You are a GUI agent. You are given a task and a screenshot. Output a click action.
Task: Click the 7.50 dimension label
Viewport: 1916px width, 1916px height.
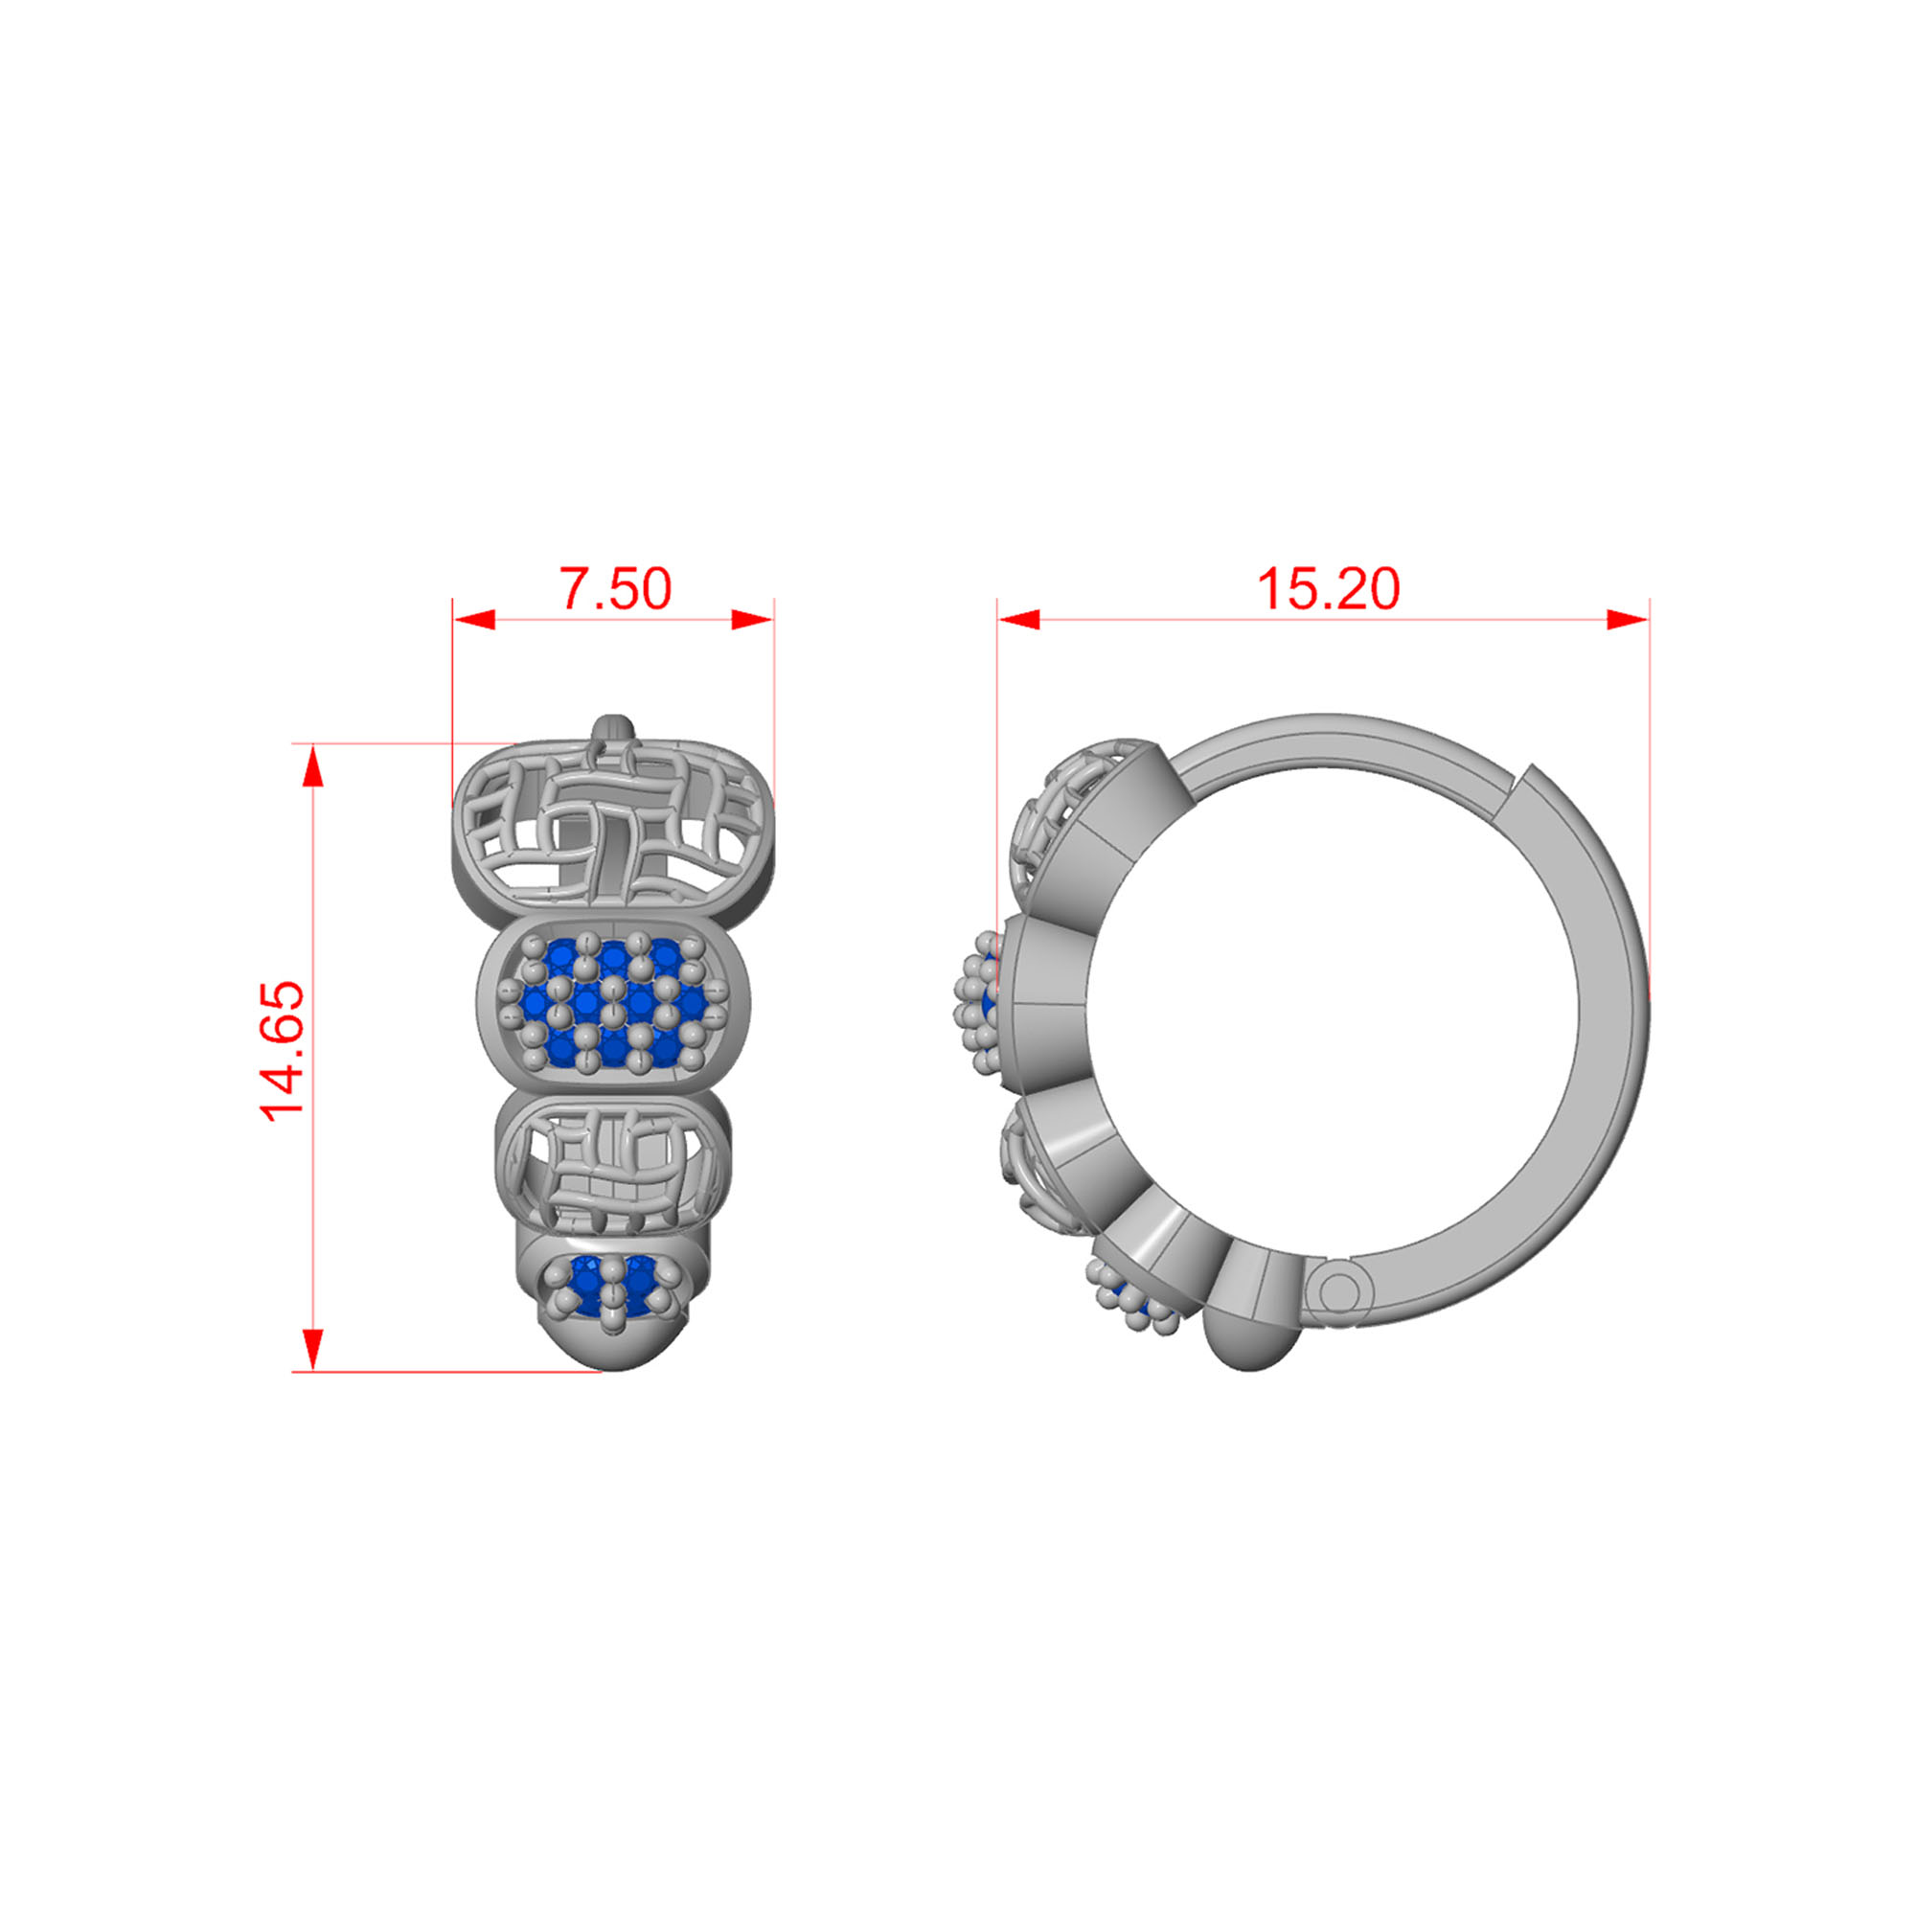616,589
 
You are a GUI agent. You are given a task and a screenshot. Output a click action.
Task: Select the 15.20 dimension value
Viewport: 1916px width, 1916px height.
1328,589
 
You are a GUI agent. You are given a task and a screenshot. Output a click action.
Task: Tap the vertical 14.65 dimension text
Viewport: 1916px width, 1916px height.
283,1051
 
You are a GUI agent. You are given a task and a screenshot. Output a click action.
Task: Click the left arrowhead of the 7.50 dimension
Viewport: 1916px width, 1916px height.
474,620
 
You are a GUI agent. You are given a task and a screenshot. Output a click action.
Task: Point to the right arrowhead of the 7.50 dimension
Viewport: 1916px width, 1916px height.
753,620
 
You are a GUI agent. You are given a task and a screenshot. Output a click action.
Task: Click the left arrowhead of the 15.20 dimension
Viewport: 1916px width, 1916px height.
1019,620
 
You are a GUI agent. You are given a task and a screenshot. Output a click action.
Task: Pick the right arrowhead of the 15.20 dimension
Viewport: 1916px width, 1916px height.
1628,620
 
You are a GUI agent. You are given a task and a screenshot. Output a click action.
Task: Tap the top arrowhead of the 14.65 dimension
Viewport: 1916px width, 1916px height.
312,765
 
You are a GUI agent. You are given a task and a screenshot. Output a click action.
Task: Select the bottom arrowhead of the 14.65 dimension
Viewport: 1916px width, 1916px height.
312,1350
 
